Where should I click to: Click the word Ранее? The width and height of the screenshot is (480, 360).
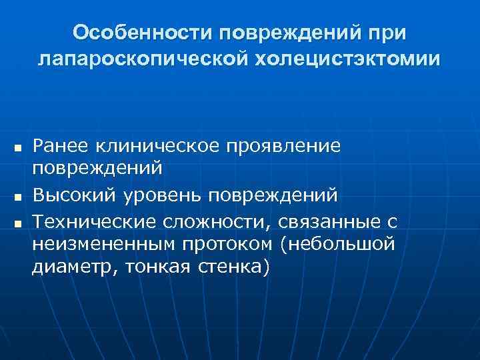click(x=61, y=143)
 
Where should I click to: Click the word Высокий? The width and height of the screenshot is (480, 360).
click(x=77, y=195)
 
